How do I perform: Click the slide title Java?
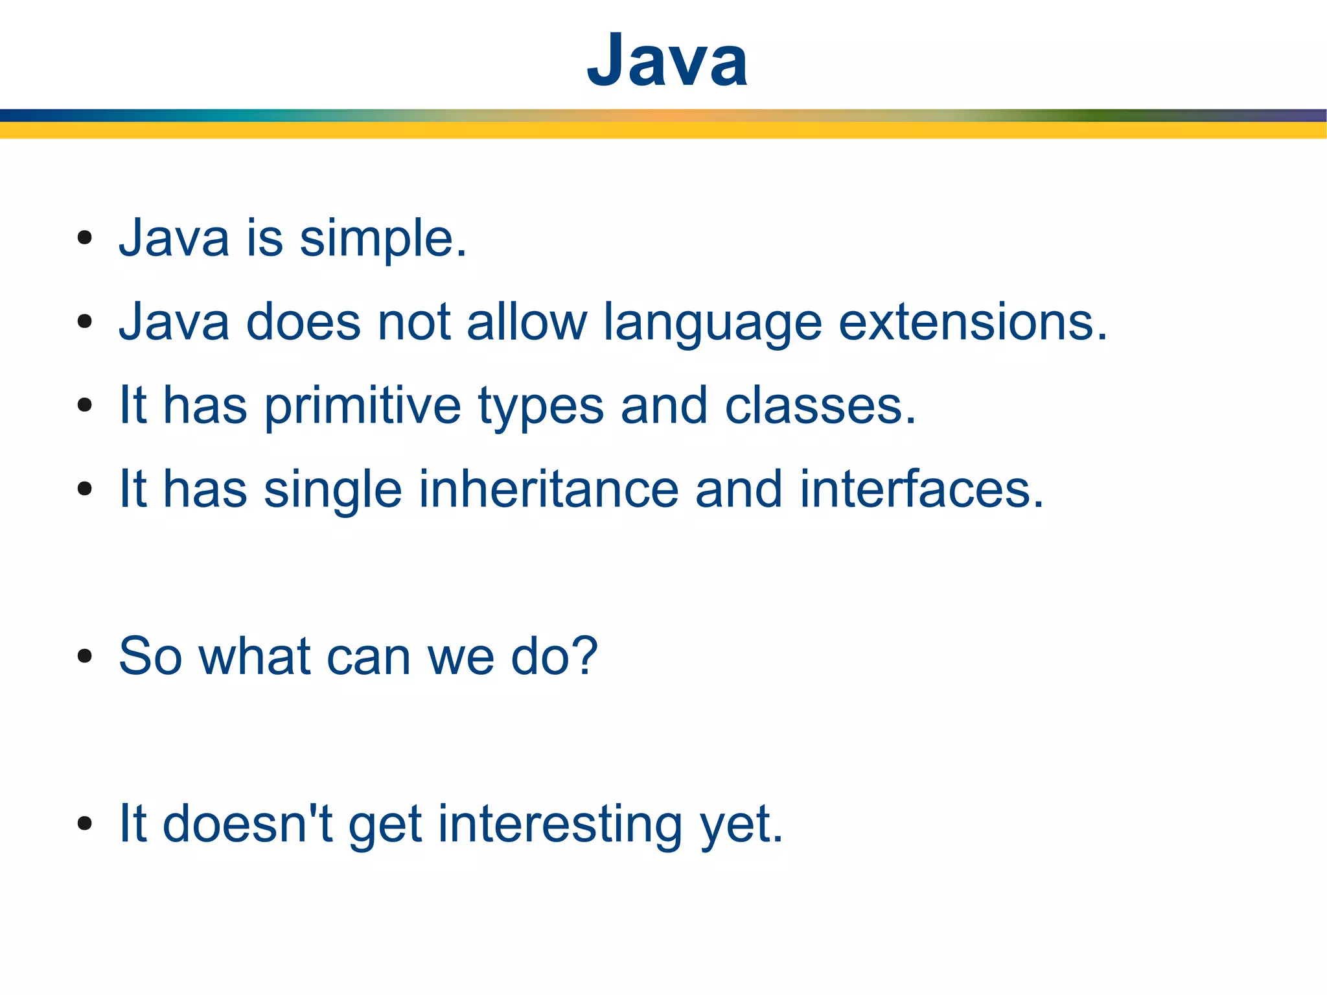tap(667, 60)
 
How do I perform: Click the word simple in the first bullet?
tap(382, 239)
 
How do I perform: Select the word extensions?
tap(973, 322)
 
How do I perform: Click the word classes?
tap(820, 406)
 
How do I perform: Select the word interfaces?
tap(921, 489)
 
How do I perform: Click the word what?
tap(254, 657)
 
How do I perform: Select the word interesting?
tap(560, 825)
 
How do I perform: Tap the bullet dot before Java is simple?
tap(84, 239)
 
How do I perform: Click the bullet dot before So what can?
tap(84, 657)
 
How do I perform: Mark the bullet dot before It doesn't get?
tap(84, 824)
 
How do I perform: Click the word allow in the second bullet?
tap(526, 322)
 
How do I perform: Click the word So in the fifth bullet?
tap(150, 657)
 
